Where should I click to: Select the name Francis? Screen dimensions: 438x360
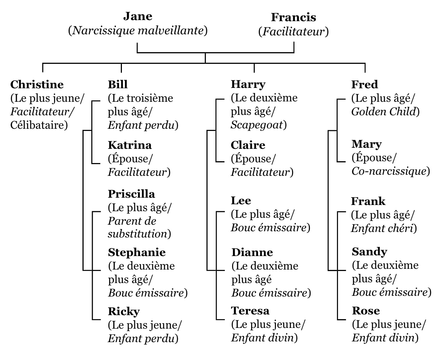point(293,17)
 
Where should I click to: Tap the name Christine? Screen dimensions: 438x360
point(37,85)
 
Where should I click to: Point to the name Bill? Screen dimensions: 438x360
point(118,84)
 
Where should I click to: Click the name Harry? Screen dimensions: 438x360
point(248,85)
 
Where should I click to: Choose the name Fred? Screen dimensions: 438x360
point(365,85)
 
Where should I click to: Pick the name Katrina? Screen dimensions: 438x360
point(130,145)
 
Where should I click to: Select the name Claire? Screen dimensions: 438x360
point(248,145)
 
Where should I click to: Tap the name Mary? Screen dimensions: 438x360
point(366,144)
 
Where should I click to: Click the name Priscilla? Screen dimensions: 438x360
point(131,194)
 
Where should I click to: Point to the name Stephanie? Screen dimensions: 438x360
point(137,253)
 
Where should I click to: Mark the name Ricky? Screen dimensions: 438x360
point(124,311)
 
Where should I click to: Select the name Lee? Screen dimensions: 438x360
point(241,201)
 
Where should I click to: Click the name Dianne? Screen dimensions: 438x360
point(252,252)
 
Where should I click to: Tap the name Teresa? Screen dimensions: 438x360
point(250,311)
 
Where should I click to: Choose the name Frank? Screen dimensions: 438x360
point(368,201)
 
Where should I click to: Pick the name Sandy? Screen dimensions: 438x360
point(369,252)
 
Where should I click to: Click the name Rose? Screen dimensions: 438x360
point(366,311)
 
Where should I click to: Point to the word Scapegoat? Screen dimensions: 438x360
point(257,125)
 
